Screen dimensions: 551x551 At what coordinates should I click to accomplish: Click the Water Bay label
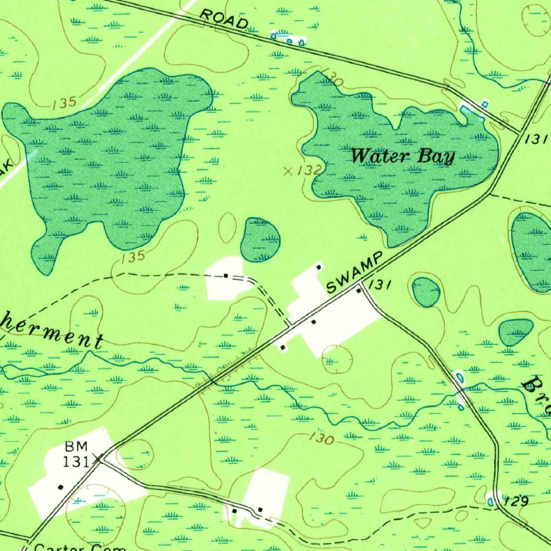coord(402,157)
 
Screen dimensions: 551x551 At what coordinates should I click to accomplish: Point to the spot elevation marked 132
coord(309,171)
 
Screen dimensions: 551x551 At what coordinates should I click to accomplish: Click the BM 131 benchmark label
coord(78,454)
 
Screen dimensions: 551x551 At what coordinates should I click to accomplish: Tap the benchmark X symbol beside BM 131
coord(99,458)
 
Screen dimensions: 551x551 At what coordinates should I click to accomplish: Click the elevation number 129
coord(517,501)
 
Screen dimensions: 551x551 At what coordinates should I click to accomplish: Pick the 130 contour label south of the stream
coord(321,439)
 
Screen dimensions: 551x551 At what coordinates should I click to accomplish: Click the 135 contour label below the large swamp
coord(132,257)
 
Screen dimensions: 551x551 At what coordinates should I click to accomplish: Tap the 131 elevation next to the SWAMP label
coord(380,285)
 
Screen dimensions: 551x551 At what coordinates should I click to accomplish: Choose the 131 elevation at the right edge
coord(536,139)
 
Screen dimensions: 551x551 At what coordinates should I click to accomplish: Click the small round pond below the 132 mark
coord(260,240)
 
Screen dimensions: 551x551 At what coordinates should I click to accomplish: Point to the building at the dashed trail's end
coord(226,275)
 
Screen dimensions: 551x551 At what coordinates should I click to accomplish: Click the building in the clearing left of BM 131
coord(60,487)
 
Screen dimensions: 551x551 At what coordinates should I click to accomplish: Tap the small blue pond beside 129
coord(490,501)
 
